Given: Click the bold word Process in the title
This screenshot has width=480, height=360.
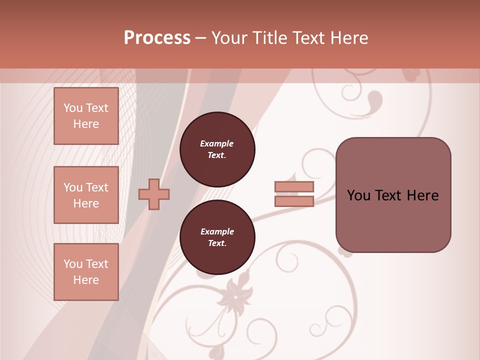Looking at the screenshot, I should [x=157, y=38].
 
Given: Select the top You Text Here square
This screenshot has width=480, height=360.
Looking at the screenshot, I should [x=86, y=116].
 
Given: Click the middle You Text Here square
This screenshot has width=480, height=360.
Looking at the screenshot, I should [x=86, y=195].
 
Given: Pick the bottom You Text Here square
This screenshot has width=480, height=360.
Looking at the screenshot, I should [x=86, y=272].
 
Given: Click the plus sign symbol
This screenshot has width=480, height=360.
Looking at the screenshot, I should [x=154, y=194].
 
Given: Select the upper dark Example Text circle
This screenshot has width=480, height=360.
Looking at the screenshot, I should [x=217, y=149].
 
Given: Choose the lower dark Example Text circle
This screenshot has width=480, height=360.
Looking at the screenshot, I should [x=217, y=237].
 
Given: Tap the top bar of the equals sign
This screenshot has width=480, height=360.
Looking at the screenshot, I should [x=294, y=187].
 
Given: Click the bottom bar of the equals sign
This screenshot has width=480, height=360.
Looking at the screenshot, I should [x=294, y=201].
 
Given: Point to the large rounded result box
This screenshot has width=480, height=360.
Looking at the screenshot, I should [x=393, y=195].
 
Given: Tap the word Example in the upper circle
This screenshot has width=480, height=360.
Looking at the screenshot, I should [x=217, y=143].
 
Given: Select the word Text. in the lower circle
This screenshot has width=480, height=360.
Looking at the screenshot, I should [x=217, y=243].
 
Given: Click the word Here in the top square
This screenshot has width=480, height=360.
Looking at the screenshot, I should [x=86, y=124].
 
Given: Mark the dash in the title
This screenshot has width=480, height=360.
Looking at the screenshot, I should [x=201, y=38].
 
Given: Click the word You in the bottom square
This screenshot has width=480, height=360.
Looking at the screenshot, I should [x=73, y=264].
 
